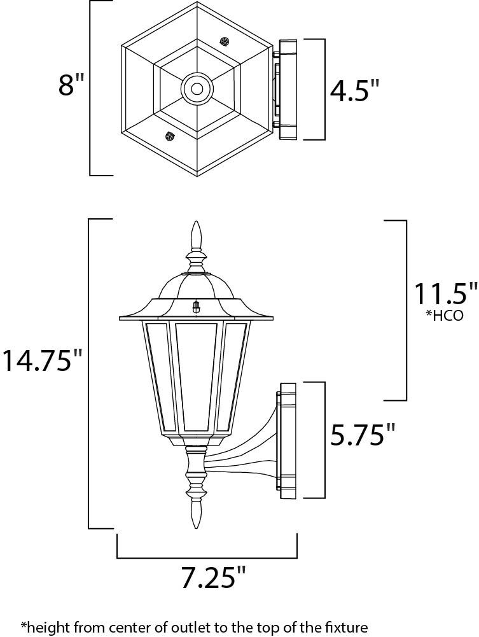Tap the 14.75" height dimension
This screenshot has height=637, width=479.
[x=41, y=361]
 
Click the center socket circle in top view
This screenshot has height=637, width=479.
[x=197, y=88]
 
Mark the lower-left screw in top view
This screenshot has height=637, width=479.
[x=169, y=135]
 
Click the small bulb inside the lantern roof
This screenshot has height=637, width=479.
[x=197, y=307]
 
